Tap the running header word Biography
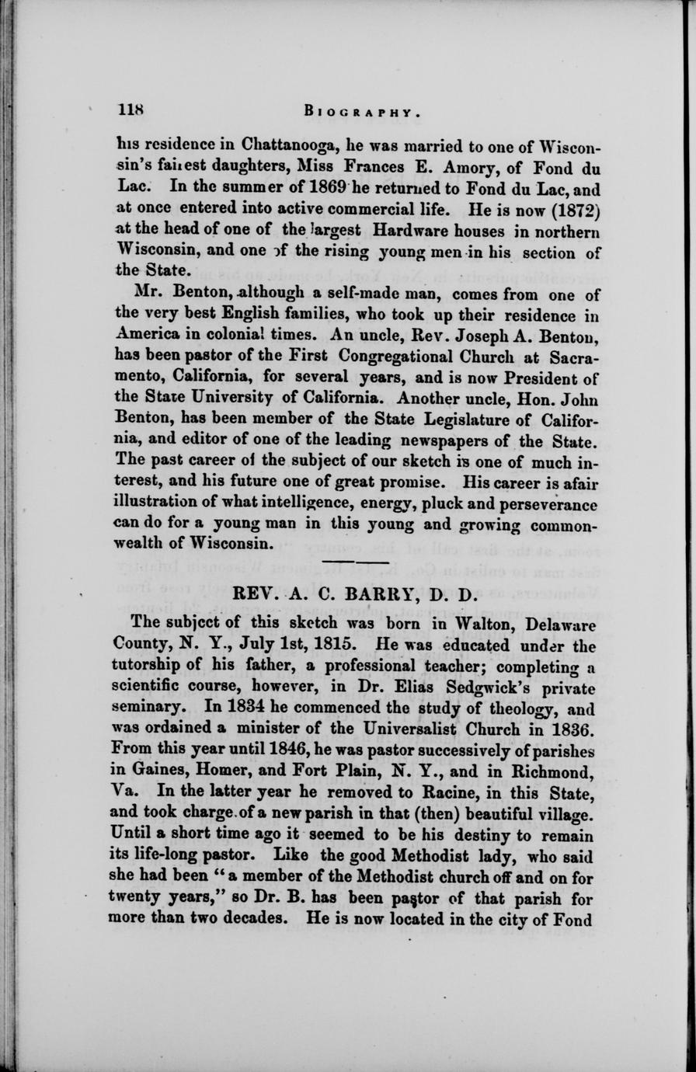click(x=363, y=111)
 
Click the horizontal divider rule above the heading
click(x=356, y=561)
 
